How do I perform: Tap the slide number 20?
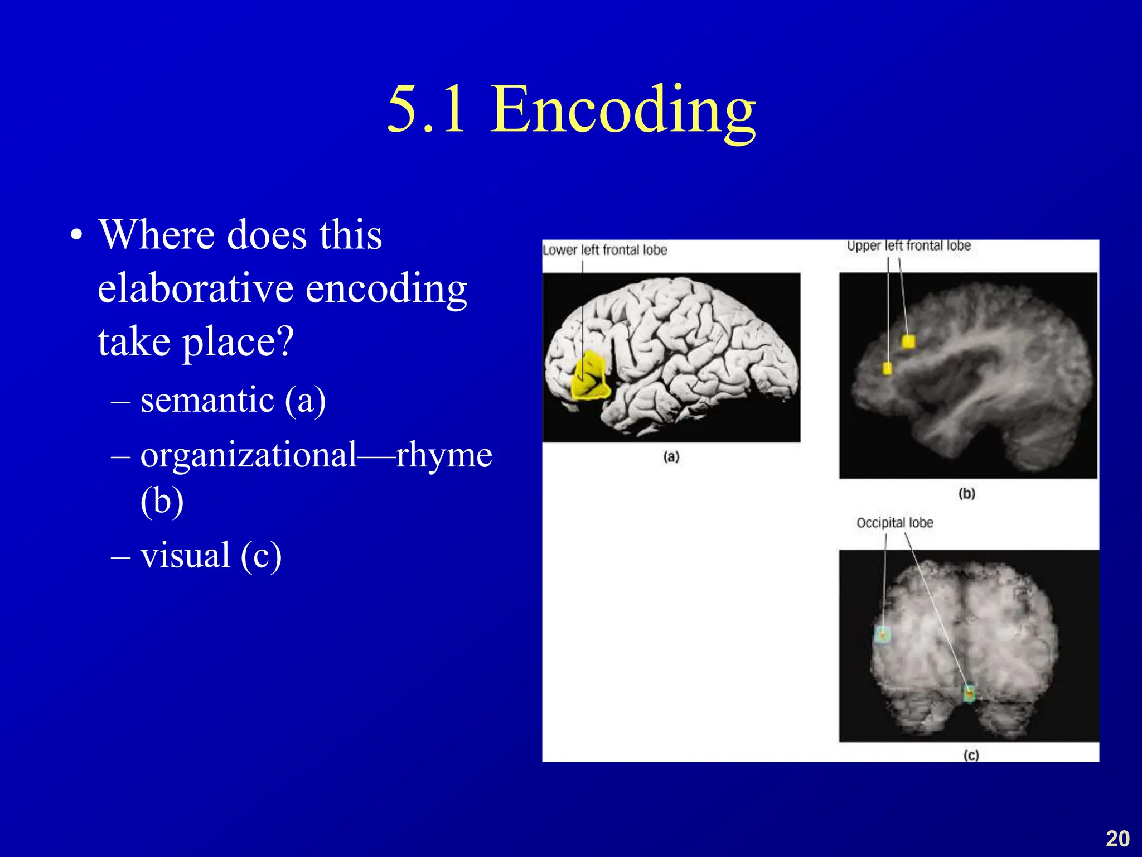pyautogui.click(x=1117, y=839)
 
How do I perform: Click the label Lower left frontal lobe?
pyautogui.click(x=604, y=250)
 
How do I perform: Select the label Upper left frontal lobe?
pyautogui.click(x=908, y=245)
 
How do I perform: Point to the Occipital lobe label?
pyautogui.click(x=894, y=523)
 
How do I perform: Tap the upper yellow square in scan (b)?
pyautogui.click(x=908, y=341)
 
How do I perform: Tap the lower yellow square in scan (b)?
pyautogui.click(x=887, y=368)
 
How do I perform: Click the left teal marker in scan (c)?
pyautogui.click(x=882, y=635)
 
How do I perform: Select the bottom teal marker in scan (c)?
pyautogui.click(x=969, y=694)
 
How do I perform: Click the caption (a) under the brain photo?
pyautogui.click(x=671, y=456)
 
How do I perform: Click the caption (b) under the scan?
pyautogui.click(x=966, y=493)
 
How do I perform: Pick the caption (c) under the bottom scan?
pyautogui.click(x=971, y=755)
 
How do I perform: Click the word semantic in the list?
pyautogui.click(x=207, y=401)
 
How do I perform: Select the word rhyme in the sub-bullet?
pyautogui.click(x=444, y=455)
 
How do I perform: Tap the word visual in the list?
pyautogui.click(x=185, y=556)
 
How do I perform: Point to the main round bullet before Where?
pyautogui.click(x=77, y=235)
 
